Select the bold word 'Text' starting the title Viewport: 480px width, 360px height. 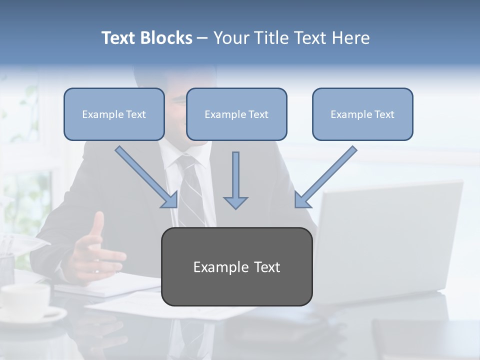(x=119, y=38)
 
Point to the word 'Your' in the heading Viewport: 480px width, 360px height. (x=231, y=38)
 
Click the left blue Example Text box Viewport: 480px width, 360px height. (x=114, y=114)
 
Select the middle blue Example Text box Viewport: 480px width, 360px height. (x=236, y=114)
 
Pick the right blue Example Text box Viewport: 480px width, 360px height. (x=362, y=114)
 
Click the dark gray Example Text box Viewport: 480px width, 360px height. (x=236, y=267)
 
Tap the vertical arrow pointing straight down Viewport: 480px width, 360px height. (x=235, y=180)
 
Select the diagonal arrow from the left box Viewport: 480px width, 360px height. (x=146, y=177)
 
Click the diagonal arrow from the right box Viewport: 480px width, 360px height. (x=326, y=177)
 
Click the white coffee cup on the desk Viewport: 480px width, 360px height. (x=25, y=300)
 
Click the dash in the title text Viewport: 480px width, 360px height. (x=202, y=38)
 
